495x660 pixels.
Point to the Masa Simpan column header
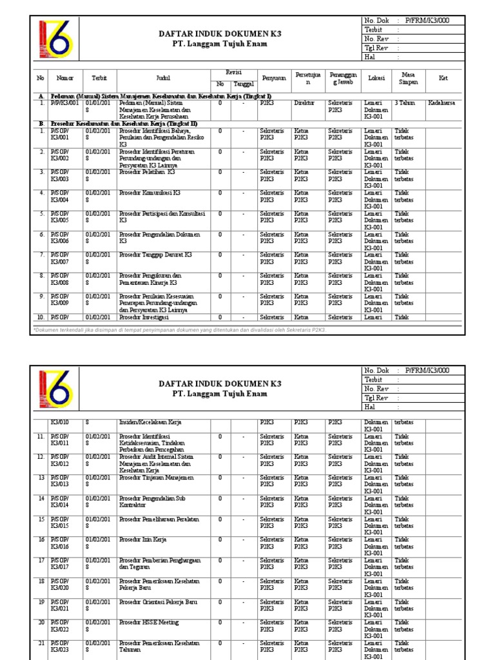pos(409,78)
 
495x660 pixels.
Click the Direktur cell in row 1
pos(304,102)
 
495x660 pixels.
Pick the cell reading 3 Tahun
pos(405,102)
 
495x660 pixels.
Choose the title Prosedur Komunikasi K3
pos(150,193)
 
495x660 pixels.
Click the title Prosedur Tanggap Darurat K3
pos(155,255)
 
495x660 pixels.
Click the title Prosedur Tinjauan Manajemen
pos(157,478)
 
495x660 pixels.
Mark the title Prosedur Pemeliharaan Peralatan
pos(159,519)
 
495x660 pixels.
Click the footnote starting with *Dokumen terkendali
pos(180,329)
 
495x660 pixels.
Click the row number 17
pos(41,560)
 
